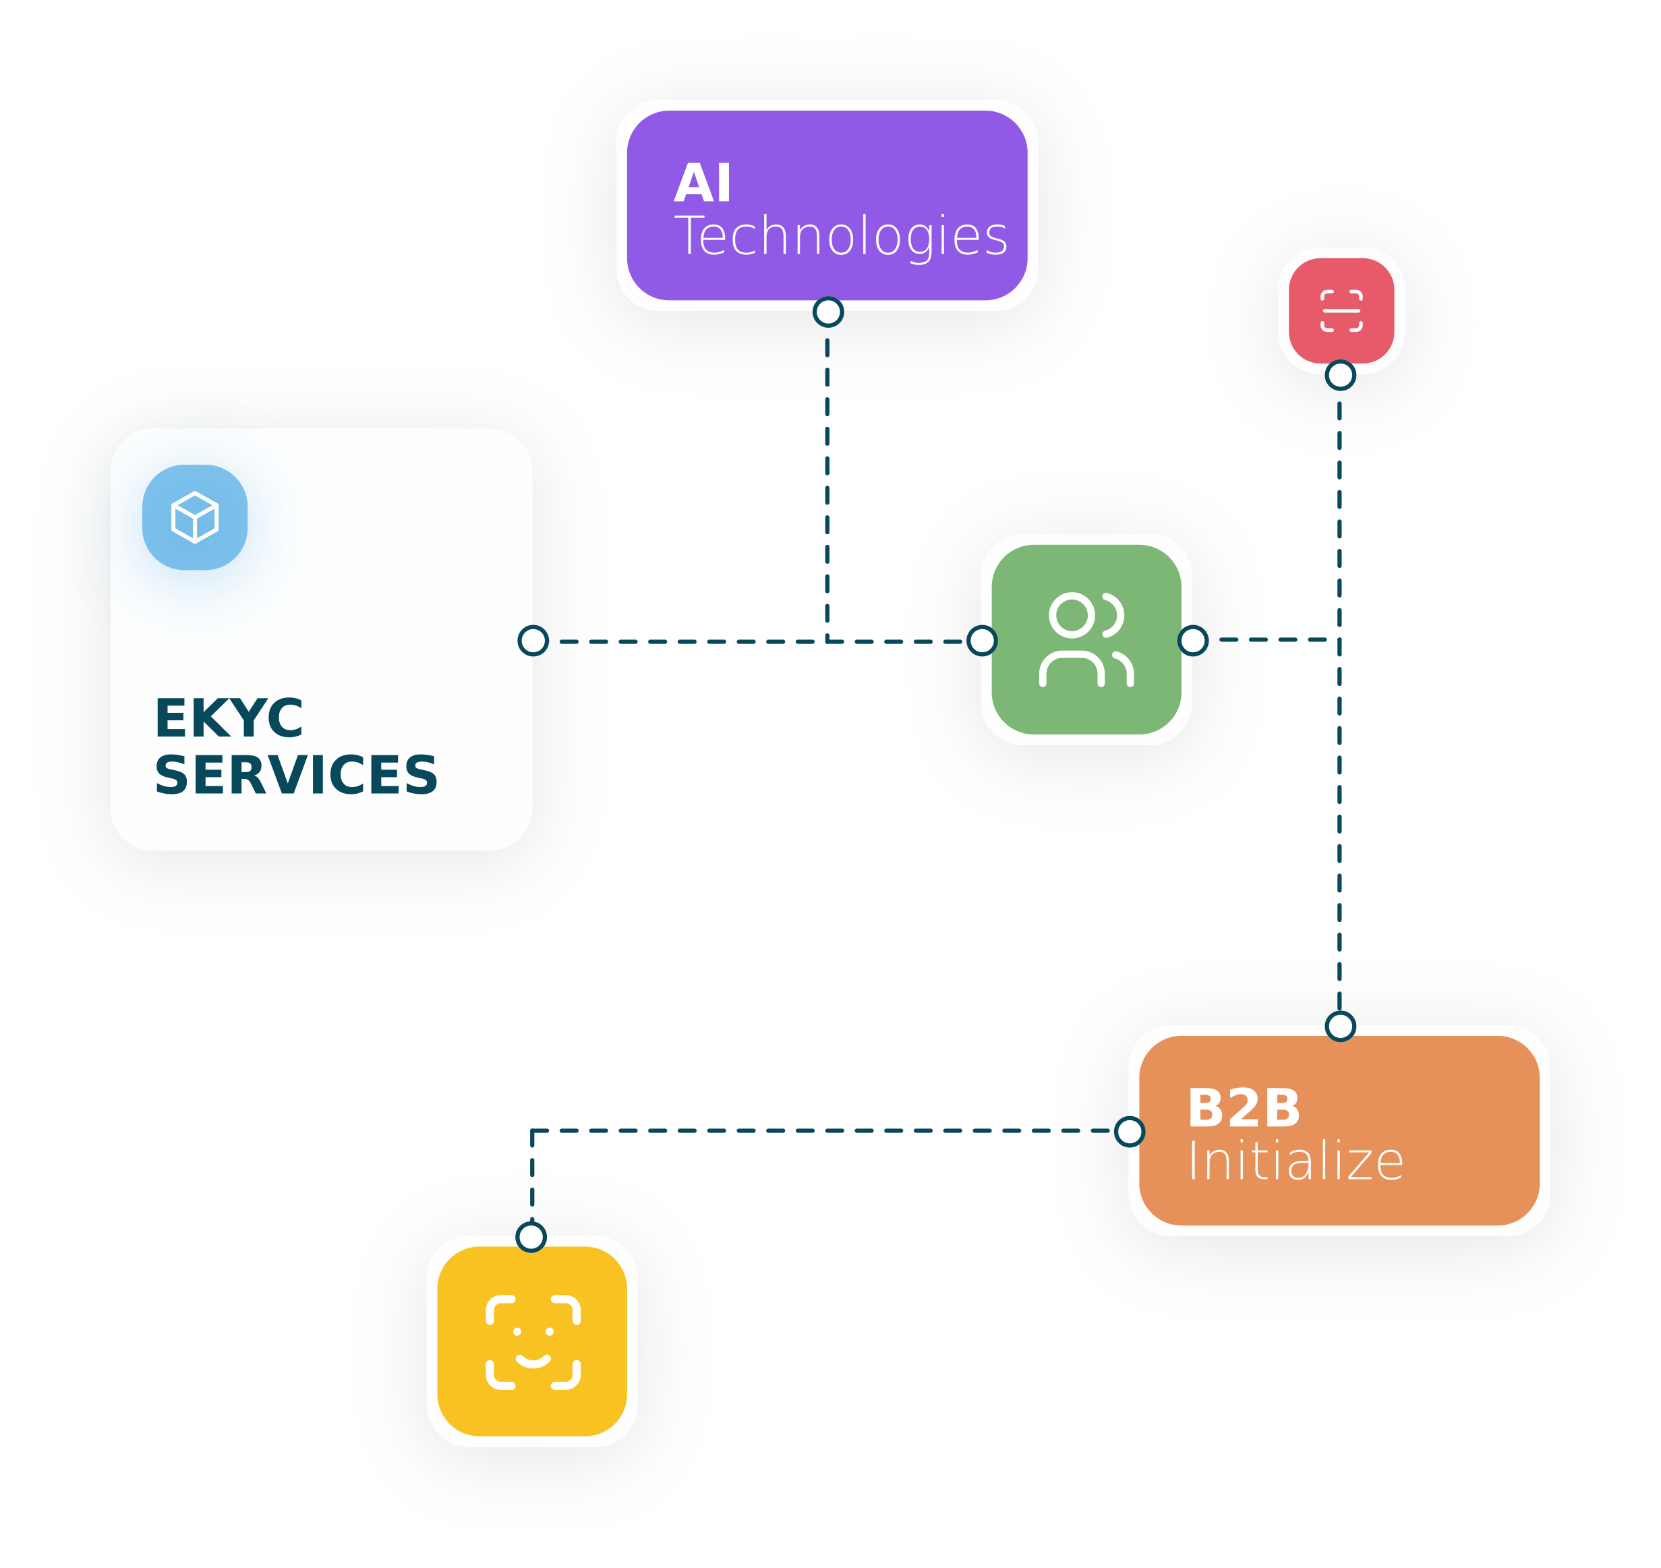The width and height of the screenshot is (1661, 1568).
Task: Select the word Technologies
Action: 841,237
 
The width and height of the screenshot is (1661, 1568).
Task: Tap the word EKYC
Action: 229,718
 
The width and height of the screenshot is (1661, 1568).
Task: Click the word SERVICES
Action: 296,775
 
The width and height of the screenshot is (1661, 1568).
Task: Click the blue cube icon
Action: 195,517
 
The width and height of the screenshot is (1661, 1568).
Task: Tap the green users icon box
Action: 1086,639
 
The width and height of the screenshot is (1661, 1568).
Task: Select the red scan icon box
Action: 1341,311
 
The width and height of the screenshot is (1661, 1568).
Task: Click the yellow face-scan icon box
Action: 533,1341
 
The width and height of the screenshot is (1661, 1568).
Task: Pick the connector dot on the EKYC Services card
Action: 533,641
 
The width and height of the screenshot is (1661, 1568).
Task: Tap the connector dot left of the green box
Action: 981,641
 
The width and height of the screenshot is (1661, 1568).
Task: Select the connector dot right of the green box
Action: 1193,641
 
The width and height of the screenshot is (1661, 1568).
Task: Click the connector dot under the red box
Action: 1340,375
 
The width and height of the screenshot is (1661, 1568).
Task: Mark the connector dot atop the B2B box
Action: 1340,1026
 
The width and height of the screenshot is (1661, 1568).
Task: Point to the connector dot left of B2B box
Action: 1130,1132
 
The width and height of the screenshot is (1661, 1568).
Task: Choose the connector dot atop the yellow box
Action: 531,1237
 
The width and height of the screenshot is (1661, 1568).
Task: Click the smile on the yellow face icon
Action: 533,1362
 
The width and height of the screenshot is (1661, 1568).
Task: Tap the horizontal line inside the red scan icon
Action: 1341,311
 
